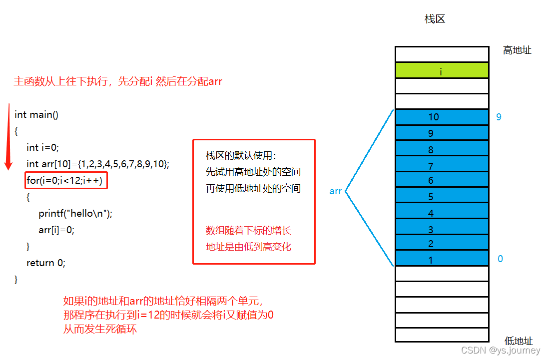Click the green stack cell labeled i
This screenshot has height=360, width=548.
(442, 70)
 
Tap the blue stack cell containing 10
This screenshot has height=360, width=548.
(442, 117)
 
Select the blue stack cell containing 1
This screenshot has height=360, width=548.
(442, 258)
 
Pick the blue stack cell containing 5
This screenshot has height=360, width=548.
(442, 195)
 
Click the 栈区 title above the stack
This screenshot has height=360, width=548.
(435, 19)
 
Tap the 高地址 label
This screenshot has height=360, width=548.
(517, 50)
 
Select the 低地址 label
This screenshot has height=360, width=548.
(519, 341)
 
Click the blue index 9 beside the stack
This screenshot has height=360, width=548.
(499, 117)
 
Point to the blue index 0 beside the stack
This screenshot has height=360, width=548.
(500, 259)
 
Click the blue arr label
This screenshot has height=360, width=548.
(336, 191)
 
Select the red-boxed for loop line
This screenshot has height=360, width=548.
(66, 180)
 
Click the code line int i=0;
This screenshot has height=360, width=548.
(43, 147)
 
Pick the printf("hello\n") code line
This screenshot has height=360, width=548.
(75, 214)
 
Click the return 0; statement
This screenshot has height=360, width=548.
(46, 263)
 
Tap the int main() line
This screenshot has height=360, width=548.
(36, 115)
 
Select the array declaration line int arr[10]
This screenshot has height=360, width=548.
(98, 164)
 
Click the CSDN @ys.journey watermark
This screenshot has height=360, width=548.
(500, 351)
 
